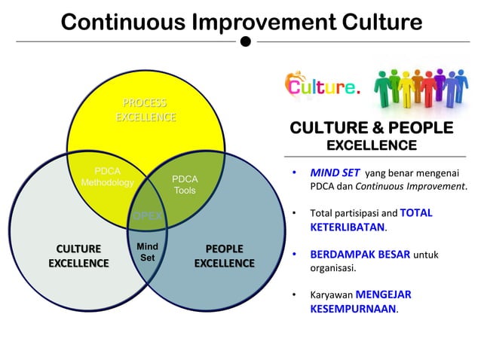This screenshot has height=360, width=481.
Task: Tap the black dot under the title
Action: pos(246,41)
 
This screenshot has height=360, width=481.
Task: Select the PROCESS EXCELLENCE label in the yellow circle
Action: pos(146,110)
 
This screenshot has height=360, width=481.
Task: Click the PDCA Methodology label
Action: pos(107,177)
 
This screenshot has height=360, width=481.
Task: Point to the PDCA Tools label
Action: pos(185,185)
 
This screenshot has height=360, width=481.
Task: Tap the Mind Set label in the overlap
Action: pos(147,252)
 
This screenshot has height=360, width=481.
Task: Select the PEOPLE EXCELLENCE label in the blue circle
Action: pos(224,256)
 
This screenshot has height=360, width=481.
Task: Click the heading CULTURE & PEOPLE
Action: pos(372,127)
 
